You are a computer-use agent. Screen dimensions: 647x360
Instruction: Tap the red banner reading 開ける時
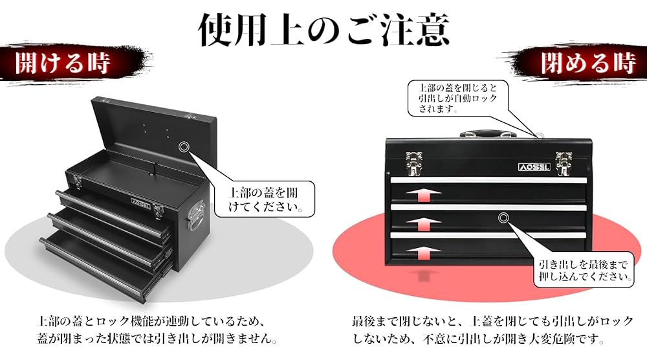coord(62,63)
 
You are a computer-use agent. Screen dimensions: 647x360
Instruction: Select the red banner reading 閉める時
coord(586,63)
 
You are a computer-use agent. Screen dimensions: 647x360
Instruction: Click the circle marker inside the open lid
coord(184,147)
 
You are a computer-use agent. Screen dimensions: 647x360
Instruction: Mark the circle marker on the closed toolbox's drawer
coord(503,218)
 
